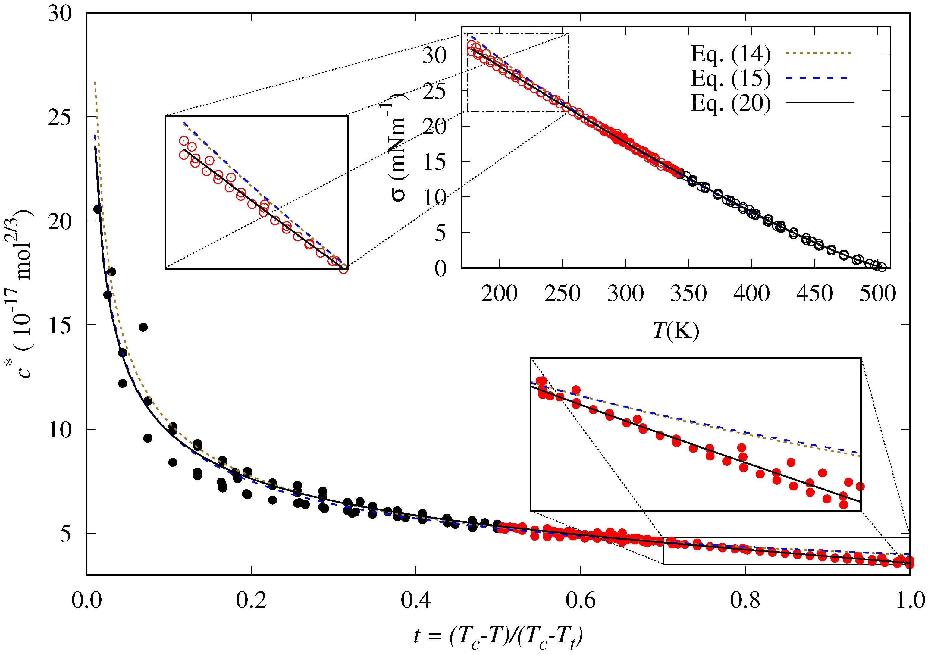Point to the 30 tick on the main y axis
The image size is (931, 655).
(60, 13)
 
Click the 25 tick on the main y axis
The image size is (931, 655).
(60, 117)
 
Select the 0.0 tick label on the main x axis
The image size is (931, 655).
(86, 600)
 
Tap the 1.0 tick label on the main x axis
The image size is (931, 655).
(910, 600)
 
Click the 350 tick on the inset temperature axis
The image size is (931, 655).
(688, 293)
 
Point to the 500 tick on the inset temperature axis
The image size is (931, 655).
(877, 293)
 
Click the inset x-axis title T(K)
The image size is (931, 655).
(676, 331)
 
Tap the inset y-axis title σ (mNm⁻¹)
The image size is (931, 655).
(395, 148)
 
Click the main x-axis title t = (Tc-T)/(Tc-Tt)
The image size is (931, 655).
(498, 636)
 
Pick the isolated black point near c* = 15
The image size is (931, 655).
(143, 327)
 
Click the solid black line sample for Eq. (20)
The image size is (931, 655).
(819, 102)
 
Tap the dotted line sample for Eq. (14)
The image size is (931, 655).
(819, 53)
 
